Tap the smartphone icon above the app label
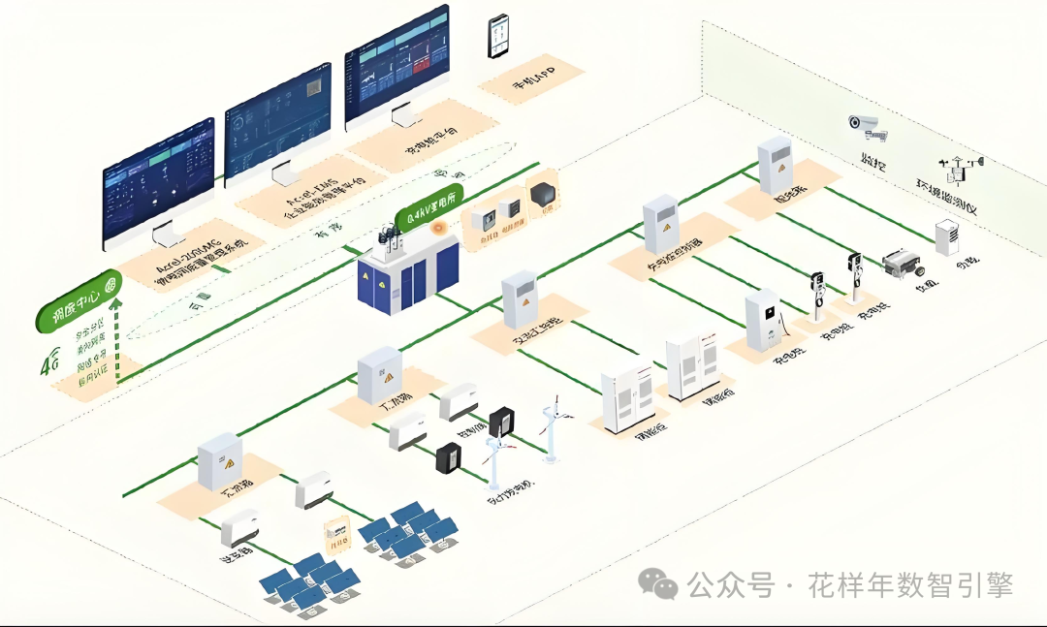498,35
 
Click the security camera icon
863,124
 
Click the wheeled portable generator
904,265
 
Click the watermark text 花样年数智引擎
911,585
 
